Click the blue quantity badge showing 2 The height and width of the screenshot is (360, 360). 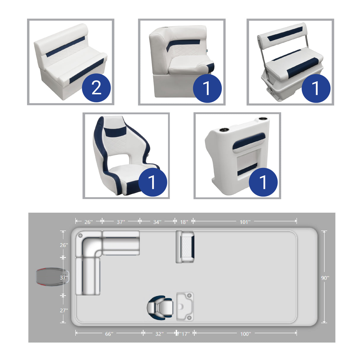coord(96,88)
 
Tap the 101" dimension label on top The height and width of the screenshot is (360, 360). coord(245,222)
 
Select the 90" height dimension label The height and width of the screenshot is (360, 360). coord(325,278)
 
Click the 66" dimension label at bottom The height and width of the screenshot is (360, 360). coord(109,334)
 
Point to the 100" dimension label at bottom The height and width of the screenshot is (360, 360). coord(245,334)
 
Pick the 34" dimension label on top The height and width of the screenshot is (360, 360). coord(157,222)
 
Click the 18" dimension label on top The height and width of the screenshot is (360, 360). coord(184,222)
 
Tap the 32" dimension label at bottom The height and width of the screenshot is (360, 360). coord(159,334)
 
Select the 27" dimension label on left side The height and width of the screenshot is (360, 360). coord(64,310)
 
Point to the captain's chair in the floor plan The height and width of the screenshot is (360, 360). coord(160,307)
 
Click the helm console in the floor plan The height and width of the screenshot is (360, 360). coord(185,306)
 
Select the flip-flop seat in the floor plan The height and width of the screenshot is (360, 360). coord(185,247)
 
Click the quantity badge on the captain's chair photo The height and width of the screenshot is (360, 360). coord(152,182)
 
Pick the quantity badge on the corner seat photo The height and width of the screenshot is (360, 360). coord(207,88)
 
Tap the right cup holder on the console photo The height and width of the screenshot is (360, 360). coord(262,119)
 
